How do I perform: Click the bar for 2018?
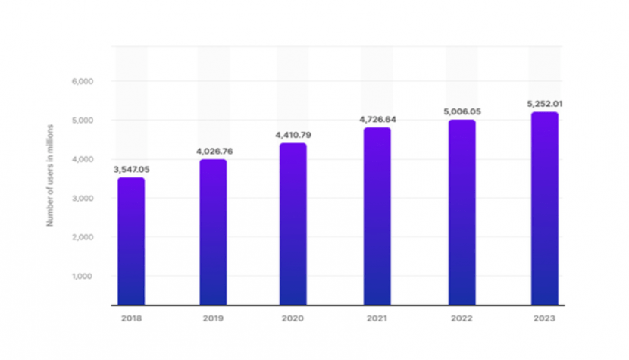pyautogui.click(x=131, y=241)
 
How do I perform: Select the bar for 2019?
pyautogui.click(x=213, y=232)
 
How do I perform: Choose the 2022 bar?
pyautogui.click(x=462, y=212)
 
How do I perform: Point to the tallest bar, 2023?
pyautogui.click(x=544, y=208)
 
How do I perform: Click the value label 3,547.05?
pyautogui.click(x=131, y=169)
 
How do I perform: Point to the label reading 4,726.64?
pyautogui.click(x=377, y=119)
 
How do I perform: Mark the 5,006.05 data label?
pyautogui.click(x=462, y=111)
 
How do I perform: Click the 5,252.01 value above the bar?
pyautogui.click(x=544, y=103)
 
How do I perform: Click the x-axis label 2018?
pyautogui.click(x=131, y=318)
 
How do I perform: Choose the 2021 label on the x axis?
pyautogui.click(x=377, y=318)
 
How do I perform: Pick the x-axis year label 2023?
pyautogui.click(x=544, y=318)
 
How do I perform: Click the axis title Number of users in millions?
pyautogui.click(x=50, y=175)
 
